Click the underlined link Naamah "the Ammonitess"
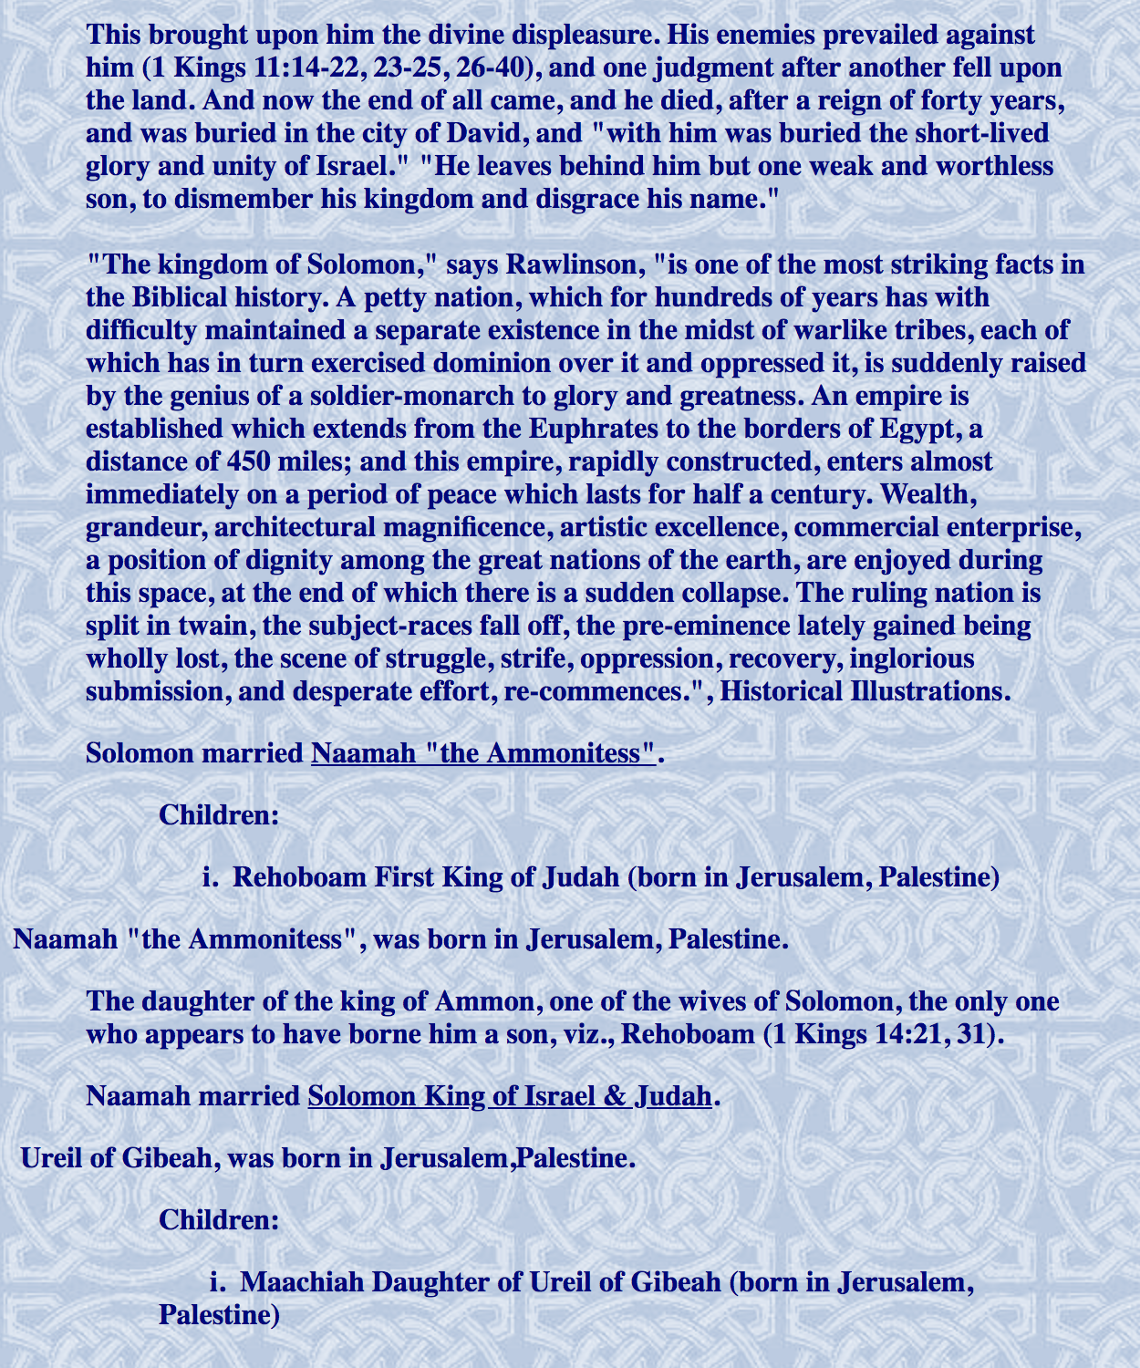483,753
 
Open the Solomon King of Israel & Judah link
509,1095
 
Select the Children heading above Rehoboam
219,814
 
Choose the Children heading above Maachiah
219,1219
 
